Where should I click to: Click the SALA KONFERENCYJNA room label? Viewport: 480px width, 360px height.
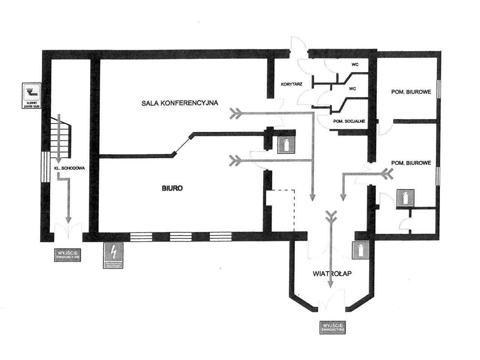point(180,102)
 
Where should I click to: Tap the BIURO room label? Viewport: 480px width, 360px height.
point(172,188)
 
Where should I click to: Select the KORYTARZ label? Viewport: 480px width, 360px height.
point(291,84)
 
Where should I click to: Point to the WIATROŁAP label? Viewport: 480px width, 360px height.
point(331,274)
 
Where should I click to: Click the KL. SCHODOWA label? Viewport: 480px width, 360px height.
point(69,168)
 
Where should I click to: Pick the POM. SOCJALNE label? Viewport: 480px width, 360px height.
point(349,121)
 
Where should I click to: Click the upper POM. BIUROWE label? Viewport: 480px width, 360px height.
point(411,91)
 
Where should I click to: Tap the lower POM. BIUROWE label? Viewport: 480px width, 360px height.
point(411,163)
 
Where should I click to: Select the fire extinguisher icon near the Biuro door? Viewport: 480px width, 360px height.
point(286,145)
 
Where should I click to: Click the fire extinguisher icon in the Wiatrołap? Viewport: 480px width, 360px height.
point(361,250)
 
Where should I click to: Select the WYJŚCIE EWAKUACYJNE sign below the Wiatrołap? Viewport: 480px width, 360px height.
point(331,327)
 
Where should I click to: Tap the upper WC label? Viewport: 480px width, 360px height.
point(355,64)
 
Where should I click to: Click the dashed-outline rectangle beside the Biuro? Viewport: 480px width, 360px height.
point(280,210)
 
